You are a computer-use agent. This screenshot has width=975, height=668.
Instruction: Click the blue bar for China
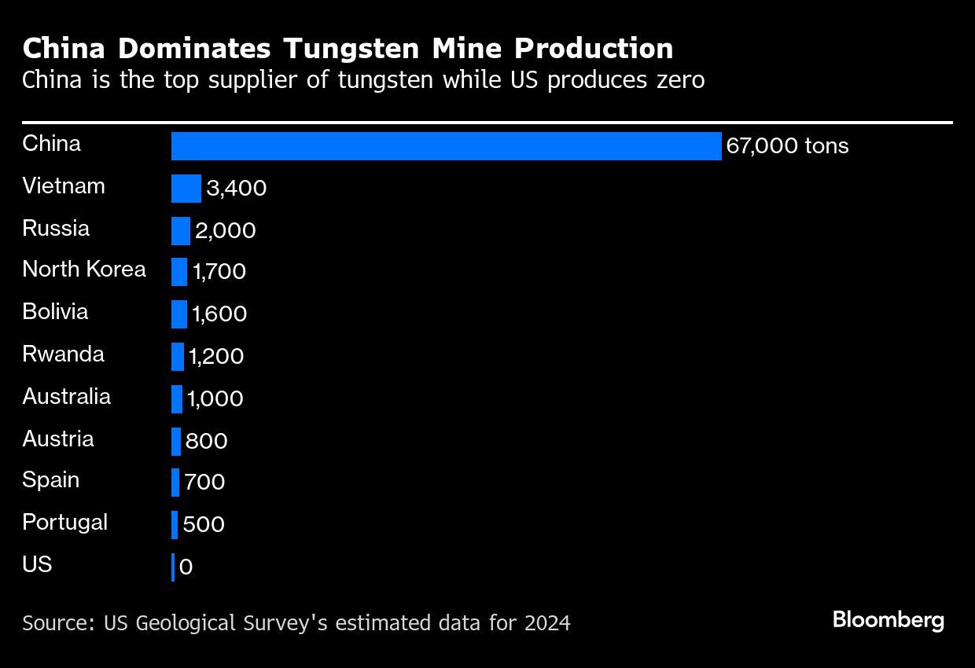click(446, 146)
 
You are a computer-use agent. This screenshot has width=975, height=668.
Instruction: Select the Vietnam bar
click(186, 189)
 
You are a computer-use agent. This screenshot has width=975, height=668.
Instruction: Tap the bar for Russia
click(181, 230)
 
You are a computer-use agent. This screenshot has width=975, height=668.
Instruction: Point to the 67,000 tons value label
click(787, 147)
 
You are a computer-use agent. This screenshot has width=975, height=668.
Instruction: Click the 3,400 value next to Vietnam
click(236, 189)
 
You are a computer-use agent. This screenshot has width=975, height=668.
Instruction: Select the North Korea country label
click(84, 270)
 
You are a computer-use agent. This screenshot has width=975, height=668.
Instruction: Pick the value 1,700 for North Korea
click(219, 272)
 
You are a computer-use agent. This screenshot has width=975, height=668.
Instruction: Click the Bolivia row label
click(55, 312)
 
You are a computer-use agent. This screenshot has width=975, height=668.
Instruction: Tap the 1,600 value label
click(219, 314)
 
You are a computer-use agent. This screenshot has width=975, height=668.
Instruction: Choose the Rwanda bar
click(178, 357)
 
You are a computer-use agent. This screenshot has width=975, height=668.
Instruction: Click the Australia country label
click(66, 396)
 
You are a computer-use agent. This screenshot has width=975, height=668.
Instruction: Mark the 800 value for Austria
click(206, 441)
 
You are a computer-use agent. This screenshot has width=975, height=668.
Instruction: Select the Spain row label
click(50, 480)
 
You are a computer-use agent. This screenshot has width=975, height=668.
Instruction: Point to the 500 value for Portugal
click(204, 525)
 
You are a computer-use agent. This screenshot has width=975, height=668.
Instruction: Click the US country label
click(37, 564)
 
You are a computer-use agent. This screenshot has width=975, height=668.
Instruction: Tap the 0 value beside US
click(186, 567)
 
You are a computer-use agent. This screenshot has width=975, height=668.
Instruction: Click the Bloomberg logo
click(888, 620)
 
